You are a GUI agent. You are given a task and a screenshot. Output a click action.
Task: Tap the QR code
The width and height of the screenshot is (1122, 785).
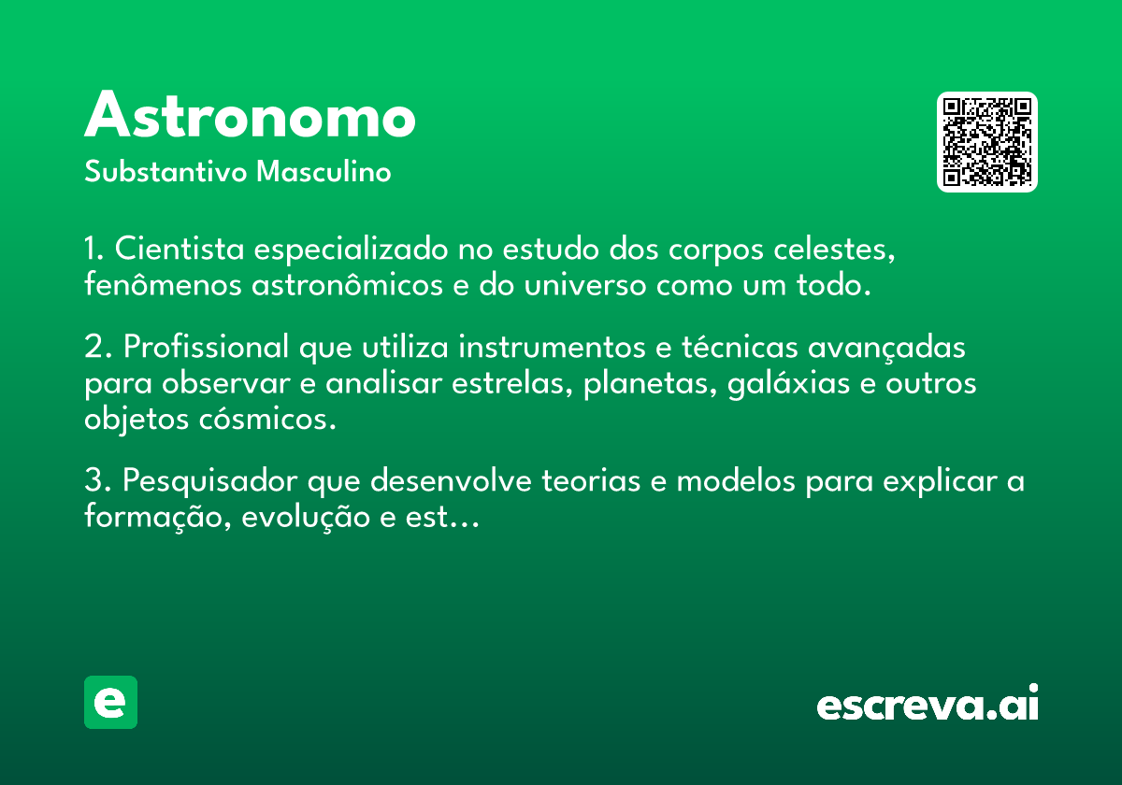click(x=986, y=142)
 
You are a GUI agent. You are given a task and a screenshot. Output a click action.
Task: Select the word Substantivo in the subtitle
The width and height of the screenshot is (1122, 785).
click(x=165, y=172)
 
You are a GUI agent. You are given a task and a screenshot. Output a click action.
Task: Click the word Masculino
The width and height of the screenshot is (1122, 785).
click(x=324, y=172)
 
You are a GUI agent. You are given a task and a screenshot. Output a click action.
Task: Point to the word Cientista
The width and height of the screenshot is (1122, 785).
click(x=180, y=249)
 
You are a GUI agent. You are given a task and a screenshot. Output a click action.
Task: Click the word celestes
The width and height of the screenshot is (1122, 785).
click(x=834, y=250)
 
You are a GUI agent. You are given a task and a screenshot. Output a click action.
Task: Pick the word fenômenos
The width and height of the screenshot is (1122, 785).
click(x=163, y=284)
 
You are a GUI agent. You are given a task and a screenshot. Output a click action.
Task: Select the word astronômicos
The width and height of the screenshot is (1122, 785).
click(x=347, y=284)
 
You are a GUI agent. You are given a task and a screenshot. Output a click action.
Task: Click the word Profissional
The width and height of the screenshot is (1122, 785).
click(x=206, y=347)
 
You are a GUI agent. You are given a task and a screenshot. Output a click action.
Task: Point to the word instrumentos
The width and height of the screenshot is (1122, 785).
click(x=552, y=347)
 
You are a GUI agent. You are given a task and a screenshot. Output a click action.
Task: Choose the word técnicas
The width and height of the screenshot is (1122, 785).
click(x=740, y=347)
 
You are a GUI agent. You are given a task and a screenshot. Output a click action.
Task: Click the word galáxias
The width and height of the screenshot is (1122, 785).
click(x=788, y=384)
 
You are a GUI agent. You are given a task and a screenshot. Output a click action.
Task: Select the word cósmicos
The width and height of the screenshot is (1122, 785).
click(x=267, y=419)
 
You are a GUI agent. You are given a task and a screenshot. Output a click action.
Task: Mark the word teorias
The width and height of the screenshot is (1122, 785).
click(x=591, y=480)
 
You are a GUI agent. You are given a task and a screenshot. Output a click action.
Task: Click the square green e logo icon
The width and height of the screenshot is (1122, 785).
click(x=110, y=702)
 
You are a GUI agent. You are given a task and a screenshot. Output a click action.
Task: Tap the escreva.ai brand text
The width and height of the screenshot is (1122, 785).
click(x=928, y=703)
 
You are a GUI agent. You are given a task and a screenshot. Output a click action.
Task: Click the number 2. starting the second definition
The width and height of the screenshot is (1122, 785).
click(x=97, y=347)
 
